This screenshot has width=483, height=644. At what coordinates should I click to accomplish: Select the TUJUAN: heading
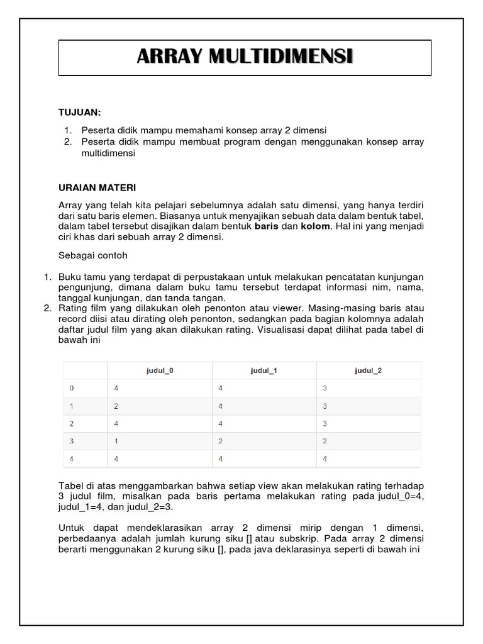coord(80,112)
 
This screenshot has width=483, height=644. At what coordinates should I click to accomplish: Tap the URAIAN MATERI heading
coord(97,187)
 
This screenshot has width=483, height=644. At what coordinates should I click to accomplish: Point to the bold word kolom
coord(315,226)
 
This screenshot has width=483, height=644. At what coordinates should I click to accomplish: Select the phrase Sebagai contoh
coord(93,255)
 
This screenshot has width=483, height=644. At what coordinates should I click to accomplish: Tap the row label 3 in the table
coord(71,441)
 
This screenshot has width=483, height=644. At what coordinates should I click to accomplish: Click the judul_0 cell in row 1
coord(116,406)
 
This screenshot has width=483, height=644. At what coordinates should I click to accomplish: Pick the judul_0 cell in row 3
coord(116,441)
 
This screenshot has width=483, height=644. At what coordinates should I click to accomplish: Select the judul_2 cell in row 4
coord(325,459)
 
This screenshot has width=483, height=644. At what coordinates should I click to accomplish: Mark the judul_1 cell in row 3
coord(220,441)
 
